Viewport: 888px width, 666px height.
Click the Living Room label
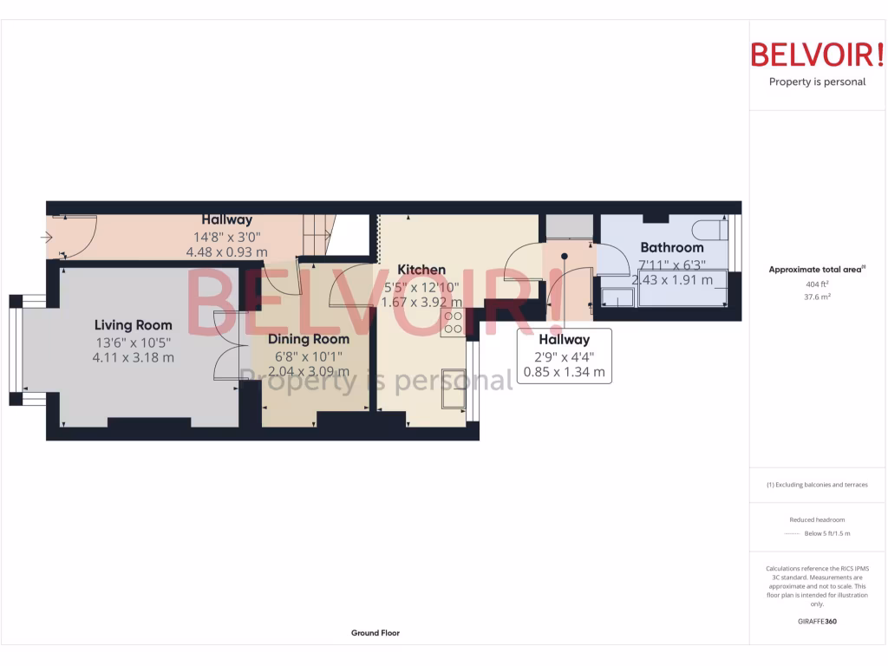[x=134, y=325]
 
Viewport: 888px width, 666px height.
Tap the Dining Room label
[x=308, y=339]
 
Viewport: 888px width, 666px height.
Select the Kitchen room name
[x=421, y=270]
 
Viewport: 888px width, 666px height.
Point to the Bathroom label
[x=671, y=247]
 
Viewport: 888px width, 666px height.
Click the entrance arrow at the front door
[x=47, y=237]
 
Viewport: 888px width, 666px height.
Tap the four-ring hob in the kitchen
[x=453, y=323]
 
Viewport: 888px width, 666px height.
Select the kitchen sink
[x=454, y=388]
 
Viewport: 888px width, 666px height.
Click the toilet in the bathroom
[x=708, y=231]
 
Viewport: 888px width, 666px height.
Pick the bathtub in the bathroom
[x=682, y=294]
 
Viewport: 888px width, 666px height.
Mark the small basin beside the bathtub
[x=617, y=297]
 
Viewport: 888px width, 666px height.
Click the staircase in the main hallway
[x=317, y=235]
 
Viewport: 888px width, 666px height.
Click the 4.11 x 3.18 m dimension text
[x=134, y=356]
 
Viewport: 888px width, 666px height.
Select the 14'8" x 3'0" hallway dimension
[x=226, y=236]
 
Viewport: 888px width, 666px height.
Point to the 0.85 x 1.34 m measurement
[x=564, y=373]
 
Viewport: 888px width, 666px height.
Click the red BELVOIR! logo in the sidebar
[x=817, y=54]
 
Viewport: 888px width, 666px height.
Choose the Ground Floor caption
[x=375, y=633]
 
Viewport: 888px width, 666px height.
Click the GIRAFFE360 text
[x=817, y=621]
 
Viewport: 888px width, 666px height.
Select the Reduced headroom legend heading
[x=817, y=519]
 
